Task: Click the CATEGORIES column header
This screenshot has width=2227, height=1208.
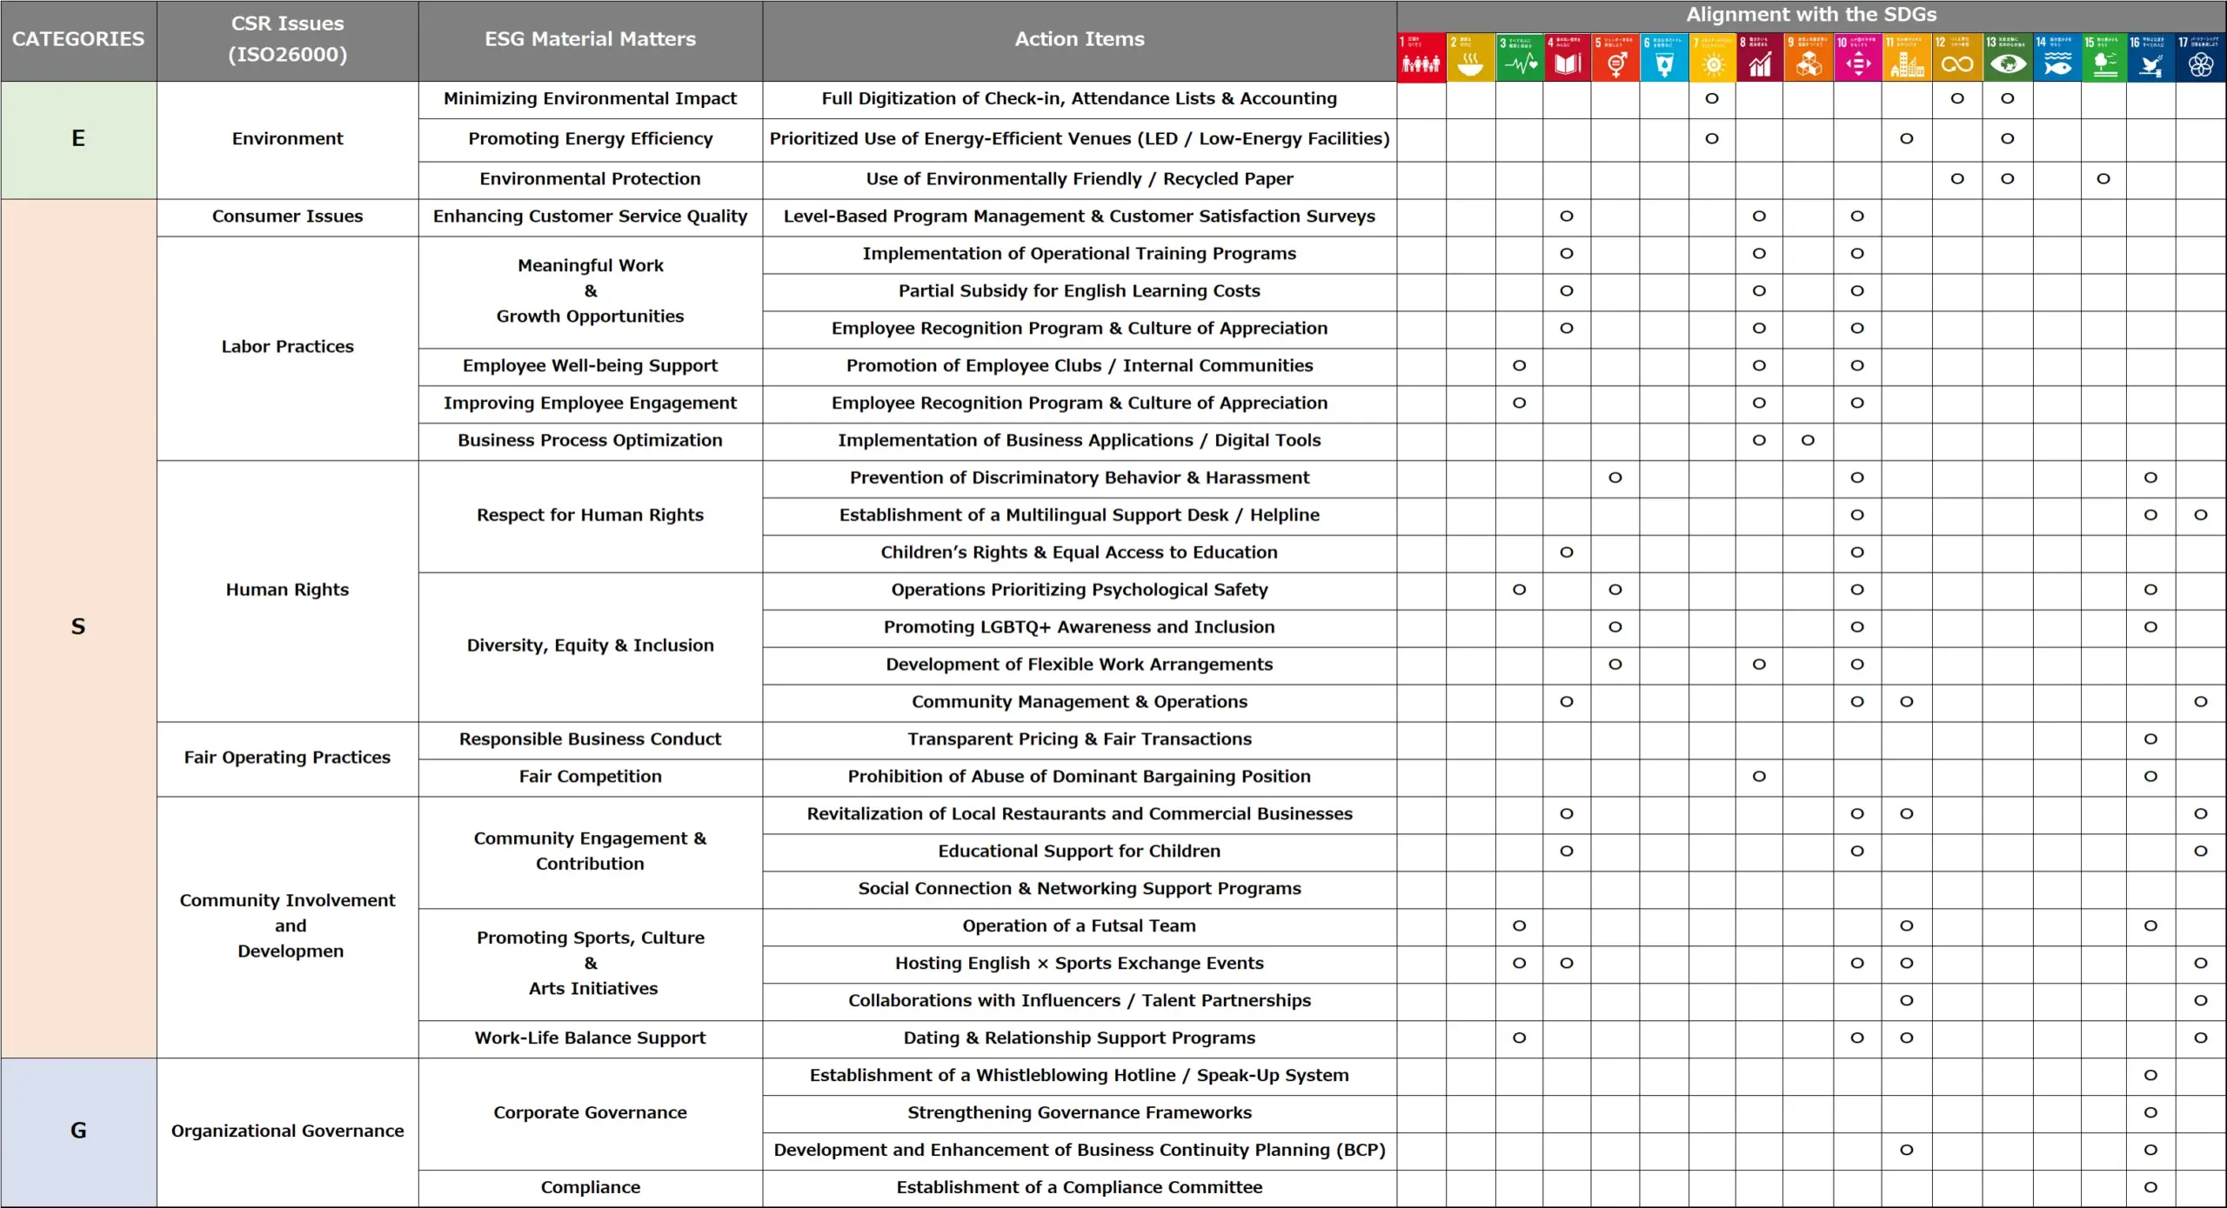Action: click(x=78, y=39)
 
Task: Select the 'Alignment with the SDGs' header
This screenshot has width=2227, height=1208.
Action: click(x=1811, y=15)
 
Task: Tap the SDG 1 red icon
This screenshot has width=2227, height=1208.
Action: click(x=1421, y=58)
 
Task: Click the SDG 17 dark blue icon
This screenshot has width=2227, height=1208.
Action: click(x=2201, y=58)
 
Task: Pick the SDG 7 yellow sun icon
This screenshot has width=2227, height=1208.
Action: click(x=1712, y=58)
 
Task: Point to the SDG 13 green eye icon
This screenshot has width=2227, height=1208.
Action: click(x=2007, y=58)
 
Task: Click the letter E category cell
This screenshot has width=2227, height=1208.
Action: click(x=78, y=139)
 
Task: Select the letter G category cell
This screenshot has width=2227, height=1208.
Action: click(x=78, y=1131)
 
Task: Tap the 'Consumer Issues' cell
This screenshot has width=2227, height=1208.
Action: click(x=287, y=217)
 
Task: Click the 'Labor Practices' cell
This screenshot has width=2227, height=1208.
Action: click(x=287, y=347)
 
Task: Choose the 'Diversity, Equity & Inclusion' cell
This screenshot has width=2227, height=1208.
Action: click(x=590, y=645)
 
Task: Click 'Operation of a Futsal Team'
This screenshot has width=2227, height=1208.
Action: click(x=1079, y=926)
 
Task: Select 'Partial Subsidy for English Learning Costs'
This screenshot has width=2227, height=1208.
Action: click(x=1079, y=291)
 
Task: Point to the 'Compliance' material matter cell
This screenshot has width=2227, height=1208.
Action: click(x=590, y=1187)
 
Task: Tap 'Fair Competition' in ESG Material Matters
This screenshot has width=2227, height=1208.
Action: click(x=590, y=777)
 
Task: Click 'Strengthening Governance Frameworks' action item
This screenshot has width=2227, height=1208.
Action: click(x=1079, y=1113)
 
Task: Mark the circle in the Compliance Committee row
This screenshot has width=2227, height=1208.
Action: click(x=2150, y=1187)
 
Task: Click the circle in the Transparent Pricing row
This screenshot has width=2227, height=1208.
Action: click(x=2150, y=739)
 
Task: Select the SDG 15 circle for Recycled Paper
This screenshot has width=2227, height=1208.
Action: click(x=2103, y=179)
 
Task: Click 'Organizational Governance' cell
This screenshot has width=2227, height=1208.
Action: click(x=287, y=1131)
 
